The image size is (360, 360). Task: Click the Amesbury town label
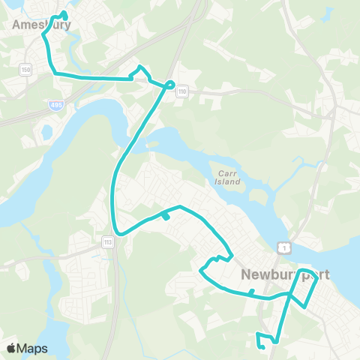pos(41,25)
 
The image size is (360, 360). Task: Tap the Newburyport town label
pos(285,274)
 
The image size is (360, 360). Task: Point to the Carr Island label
pos(225,176)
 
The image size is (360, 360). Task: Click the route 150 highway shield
pos(26,69)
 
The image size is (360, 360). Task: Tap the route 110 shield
pos(182,91)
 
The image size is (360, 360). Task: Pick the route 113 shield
pos(108,241)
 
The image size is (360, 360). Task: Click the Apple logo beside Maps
pos(11,348)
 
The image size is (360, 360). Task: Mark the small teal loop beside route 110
pos(171,85)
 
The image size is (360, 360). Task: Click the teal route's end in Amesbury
pos(65,15)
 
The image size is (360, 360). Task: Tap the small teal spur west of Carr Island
pos(166,217)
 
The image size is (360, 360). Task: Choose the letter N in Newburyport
pos(247,274)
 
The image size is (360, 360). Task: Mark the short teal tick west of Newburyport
pos(252,292)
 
